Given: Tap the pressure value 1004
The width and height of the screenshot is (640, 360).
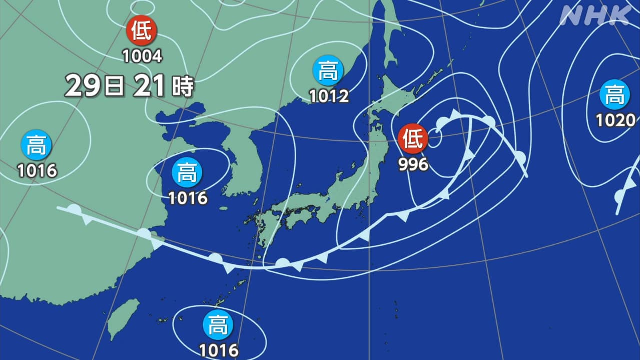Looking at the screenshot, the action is pyautogui.click(x=143, y=56).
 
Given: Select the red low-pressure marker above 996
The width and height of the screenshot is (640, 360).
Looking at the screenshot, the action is pyautogui.click(x=413, y=139).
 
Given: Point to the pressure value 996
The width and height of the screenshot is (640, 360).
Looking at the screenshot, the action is pyautogui.click(x=413, y=164).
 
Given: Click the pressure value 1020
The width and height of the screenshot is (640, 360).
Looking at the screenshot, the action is pyautogui.click(x=615, y=120).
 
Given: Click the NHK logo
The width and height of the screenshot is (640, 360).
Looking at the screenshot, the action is pyautogui.click(x=595, y=16).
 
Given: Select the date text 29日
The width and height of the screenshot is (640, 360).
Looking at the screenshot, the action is pyautogui.click(x=95, y=86).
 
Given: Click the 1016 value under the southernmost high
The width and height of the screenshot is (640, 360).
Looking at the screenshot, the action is pyautogui.click(x=219, y=350).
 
